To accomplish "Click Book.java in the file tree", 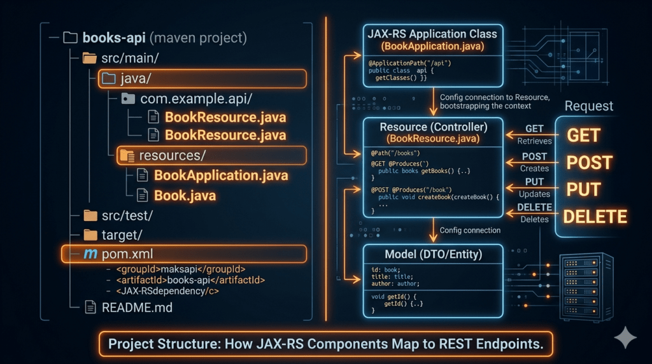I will click(x=185, y=195).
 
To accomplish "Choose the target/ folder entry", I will click(x=122, y=235).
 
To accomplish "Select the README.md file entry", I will click(x=137, y=307).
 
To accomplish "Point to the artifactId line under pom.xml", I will click(x=190, y=279).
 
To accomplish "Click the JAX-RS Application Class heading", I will click(x=433, y=33).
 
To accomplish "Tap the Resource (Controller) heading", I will click(x=433, y=126).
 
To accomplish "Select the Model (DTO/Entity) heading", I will click(x=433, y=254).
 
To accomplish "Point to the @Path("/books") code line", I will click(x=395, y=153).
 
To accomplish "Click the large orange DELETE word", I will click(x=595, y=216).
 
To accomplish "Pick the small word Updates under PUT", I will click(x=534, y=193).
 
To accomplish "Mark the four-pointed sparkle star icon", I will click(x=625, y=338).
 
